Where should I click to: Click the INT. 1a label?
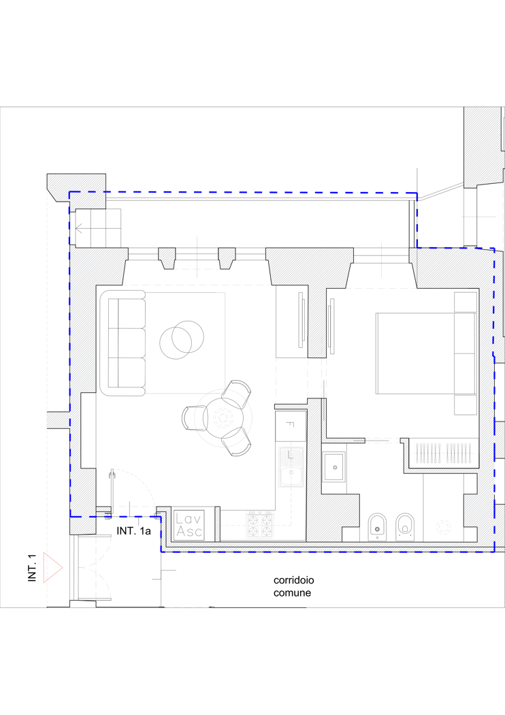click(x=133, y=530)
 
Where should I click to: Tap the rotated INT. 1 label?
click(x=32, y=568)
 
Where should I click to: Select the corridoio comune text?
click(x=293, y=586)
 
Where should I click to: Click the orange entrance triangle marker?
click(x=52, y=567)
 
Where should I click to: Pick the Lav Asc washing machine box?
click(x=189, y=525)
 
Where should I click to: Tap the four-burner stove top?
click(x=260, y=525)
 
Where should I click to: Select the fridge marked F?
click(x=291, y=426)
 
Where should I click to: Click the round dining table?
click(x=223, y=417)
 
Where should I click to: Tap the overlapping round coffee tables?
click(x=182, y=338)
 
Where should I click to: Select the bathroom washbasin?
click(x=334, y=467)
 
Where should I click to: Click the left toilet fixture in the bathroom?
click(x=377, y=527)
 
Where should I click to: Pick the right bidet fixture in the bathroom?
click(x=405, y=527)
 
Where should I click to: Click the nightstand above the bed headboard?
click(x=466, y=302)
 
